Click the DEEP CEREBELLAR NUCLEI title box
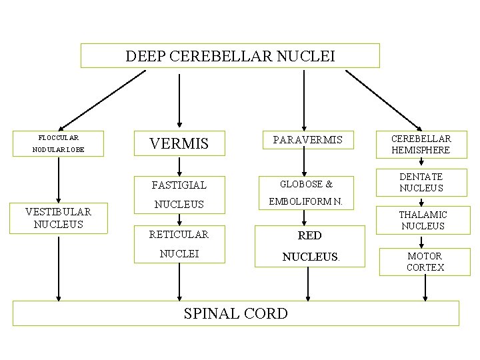click(x=230, y=56)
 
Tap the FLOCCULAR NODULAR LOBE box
click(x=59, y=143)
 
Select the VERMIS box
click(x=179, y=143)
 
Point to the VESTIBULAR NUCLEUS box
click(x=58, y=218)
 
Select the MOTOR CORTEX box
click(x=425, y=261)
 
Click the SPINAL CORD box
click(x=236, y=313)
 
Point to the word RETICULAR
click(x=179, y=234)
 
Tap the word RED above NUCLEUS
click(x=310, y=235)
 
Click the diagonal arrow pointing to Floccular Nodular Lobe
click(x=107, y=99)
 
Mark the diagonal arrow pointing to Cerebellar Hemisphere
click(x=383, y=99)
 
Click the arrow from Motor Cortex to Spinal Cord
click(x=425, y=287)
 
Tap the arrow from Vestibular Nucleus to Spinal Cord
click(x=59, y=267)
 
